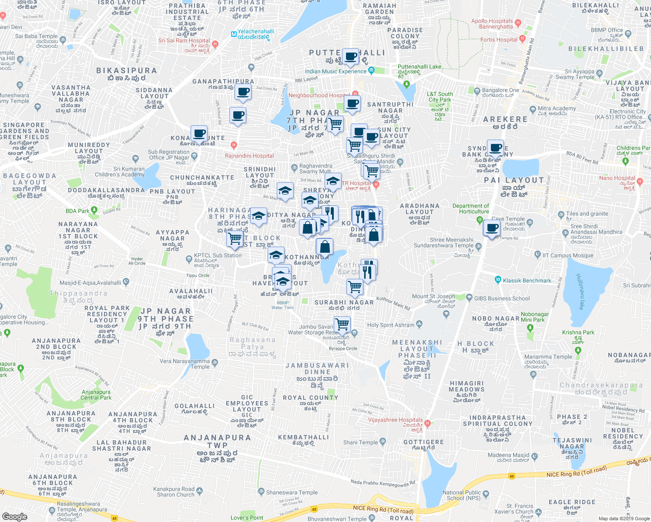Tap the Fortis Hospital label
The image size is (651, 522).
pos(499,40)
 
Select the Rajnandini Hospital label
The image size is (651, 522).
pos(249,156)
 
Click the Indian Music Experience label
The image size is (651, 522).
pos(336,71)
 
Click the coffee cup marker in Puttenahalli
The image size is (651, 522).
pos(350,57)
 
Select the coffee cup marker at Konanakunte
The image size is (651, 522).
pos(199,134)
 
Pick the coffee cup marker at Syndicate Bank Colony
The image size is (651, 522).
pos(495,148)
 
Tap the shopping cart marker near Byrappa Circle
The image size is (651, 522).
pos(342,324)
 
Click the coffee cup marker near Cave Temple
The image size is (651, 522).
pos(492,228)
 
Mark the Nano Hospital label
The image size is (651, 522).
pos(617,178)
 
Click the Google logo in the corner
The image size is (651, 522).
pos(14,517)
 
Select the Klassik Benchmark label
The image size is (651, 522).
pos(527,281)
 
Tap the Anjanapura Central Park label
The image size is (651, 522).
pos(96,395)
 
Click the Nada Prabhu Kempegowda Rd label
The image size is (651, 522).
pos(383,482)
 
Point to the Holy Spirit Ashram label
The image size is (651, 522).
pos(391,325)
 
